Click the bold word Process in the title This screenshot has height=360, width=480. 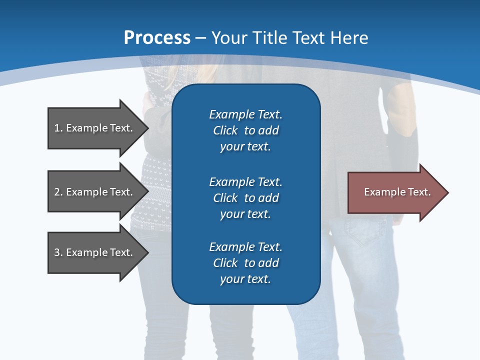(157, 38)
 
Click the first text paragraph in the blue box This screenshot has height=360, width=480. (245, 130)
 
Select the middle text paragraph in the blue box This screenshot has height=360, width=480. (245, 197)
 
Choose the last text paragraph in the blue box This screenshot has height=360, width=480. (245, 263)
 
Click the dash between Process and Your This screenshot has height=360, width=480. (200, 38)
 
